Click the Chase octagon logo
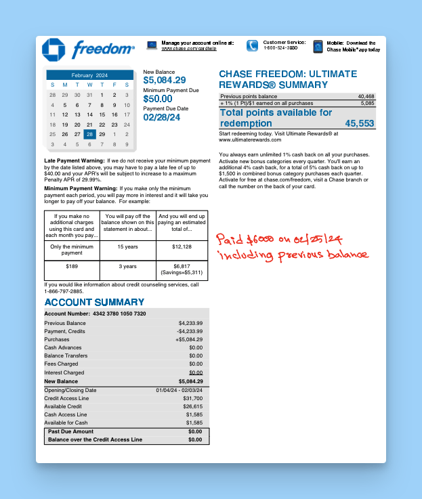point(54,50)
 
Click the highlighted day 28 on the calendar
point(89,134)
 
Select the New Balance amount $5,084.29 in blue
point(165,81)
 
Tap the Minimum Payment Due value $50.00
point(158,99)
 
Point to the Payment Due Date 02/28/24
point(162,117)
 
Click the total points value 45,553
point(359,123)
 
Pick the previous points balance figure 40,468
point(366,97)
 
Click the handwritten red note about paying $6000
point(292,247)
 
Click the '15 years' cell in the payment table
point(127,246)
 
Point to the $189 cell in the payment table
point(72,266)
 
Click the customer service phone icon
point(252,45)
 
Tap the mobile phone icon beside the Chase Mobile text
point(318,46)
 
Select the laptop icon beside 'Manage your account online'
point(152,45)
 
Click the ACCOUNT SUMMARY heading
point(94,302)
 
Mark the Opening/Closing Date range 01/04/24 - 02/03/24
point(179,390)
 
